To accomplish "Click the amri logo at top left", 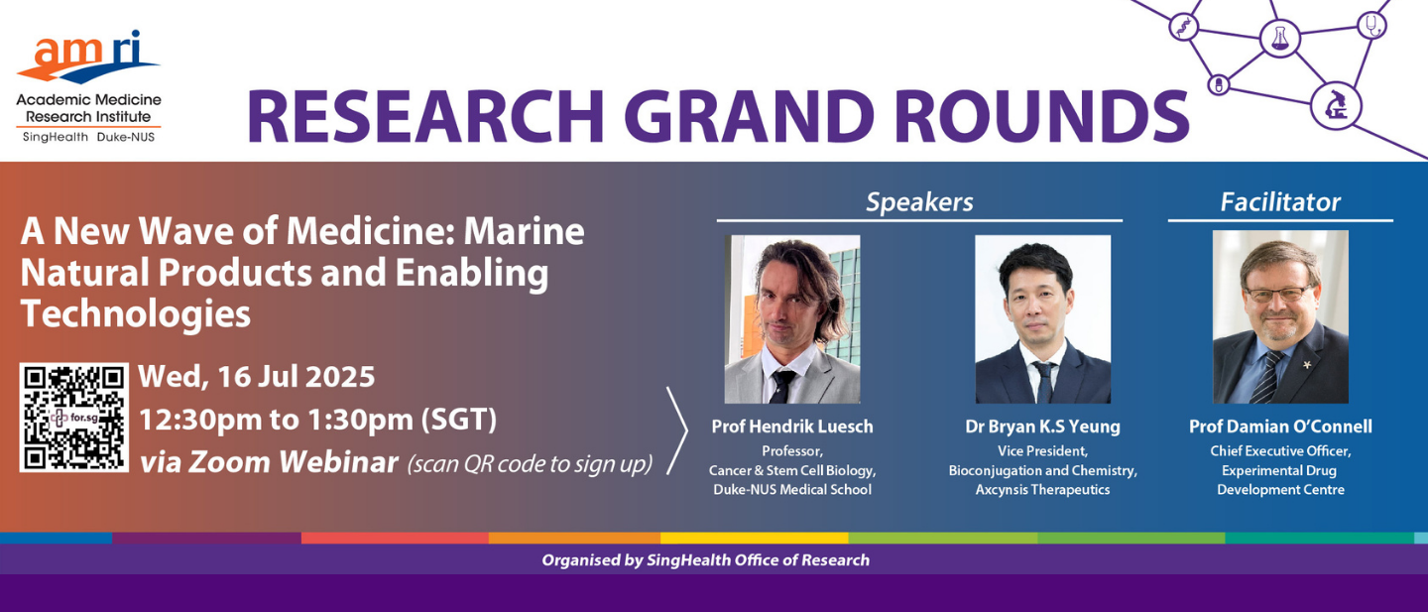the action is (88, 86).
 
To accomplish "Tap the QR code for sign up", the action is (74, 418).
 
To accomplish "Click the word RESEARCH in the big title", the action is (425, 117).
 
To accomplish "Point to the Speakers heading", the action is (919, 202).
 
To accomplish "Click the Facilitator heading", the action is (1280, 202).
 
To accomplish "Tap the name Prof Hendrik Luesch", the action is (792, 427).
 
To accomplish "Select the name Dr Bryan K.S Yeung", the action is (1042, 427).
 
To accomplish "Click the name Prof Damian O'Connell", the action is (1280, 427).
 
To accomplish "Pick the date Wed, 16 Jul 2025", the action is (256, 377).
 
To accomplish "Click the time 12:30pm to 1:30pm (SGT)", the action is (317, 420).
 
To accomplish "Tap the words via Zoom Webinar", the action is (269, 462).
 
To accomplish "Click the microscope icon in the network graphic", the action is (1336, 106).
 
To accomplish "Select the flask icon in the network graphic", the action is (1279, 39).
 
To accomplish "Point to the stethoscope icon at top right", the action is (1371, 26).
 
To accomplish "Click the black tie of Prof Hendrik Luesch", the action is (781, 386).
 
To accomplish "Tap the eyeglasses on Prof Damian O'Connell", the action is (1280, 294).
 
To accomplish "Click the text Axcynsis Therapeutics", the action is (1042, 490).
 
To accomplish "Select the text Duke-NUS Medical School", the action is (792, 490).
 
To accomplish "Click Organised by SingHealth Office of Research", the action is (706, 559).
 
